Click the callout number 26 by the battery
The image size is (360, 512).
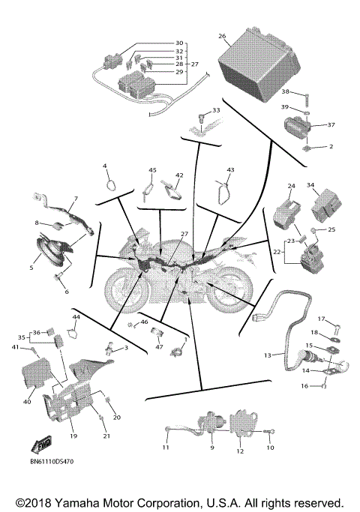click(222, 36)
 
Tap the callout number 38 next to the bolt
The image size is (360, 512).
click(285, 91)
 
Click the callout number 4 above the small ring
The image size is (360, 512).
click(105, 166)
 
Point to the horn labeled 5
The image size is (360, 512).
click(49, 250)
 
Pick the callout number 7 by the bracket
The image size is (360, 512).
click(75, 199)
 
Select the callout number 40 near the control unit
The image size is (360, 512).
click(27, 402)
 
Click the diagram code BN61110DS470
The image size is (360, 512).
click(57, 464)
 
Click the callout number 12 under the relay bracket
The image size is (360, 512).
click(240, 452)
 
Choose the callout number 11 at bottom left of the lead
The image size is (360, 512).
click(166, 448)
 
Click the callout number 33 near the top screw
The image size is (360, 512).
click(217, 110)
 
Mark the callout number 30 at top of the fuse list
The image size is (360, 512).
click(178, 43)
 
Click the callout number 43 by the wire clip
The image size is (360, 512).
click(230, 170)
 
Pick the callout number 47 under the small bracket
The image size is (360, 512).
click(159, 347)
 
